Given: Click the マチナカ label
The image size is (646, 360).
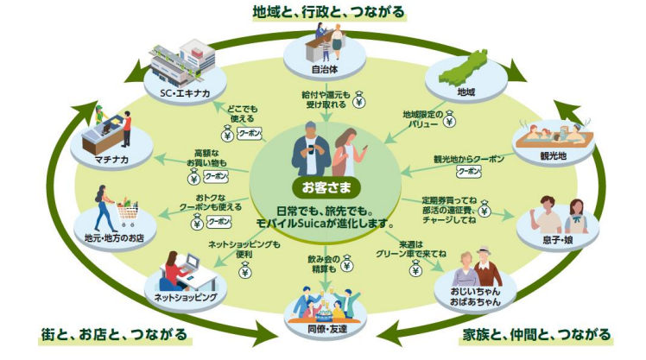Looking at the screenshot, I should [x=112, y=161].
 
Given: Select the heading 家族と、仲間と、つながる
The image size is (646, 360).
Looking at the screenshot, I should [x=537, y=334].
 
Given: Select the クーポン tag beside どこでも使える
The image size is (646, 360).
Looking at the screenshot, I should [x=249, y=134].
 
